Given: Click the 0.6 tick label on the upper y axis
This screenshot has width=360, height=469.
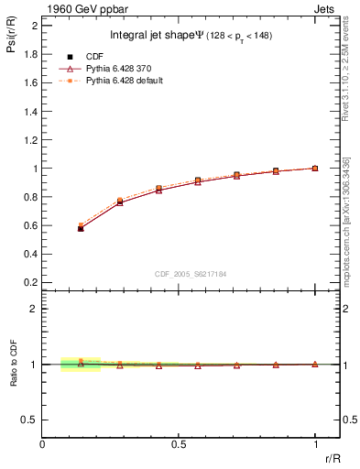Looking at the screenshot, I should (x=30, y=226).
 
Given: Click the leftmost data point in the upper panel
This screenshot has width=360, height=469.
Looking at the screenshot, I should (x=81, y=228).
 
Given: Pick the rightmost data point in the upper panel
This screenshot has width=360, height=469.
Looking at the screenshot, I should (x=315, y=169).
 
